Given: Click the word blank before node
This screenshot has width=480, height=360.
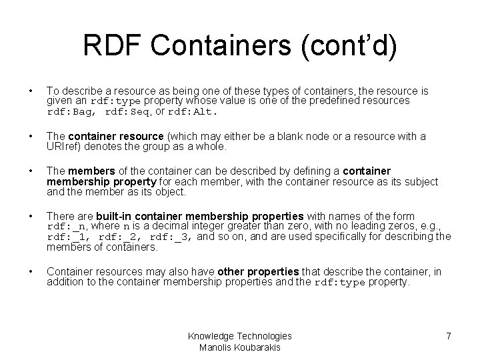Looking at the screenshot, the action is pos(346,137).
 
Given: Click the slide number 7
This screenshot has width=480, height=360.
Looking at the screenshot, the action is pos(449,336).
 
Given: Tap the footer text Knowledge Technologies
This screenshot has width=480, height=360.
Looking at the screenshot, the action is pos(239,336).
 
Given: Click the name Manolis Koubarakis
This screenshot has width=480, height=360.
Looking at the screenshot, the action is pos(239,347).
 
